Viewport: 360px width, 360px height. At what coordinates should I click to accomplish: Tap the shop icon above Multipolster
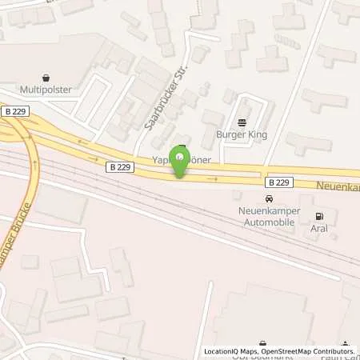pyautogui.click(x=45, y=79)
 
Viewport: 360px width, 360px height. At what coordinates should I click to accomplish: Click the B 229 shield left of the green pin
pyautogui.click(x=117, y=166)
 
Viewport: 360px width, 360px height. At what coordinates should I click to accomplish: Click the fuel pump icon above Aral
pyautogui.click(x=321, y=215)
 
